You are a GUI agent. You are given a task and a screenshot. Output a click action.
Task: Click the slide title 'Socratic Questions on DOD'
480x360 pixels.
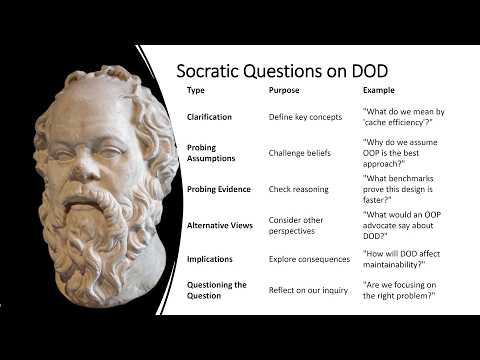[x=282, y=71]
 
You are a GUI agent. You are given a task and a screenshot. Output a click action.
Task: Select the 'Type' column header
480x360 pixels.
[x=196, y=91]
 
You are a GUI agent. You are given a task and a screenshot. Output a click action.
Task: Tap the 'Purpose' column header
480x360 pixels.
[x=284, y=91]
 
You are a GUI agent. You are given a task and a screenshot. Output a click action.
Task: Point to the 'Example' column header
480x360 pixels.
[x=379, y=91]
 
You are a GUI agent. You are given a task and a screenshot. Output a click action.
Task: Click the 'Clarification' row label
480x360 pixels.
[x=209, y=117]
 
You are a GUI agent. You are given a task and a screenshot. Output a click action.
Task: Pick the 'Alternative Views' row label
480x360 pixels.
[x=220, y=225]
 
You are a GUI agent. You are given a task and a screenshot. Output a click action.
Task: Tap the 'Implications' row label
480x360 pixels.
[x=209, y=259]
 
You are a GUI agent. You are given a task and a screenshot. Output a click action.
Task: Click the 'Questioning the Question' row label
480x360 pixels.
[x=217, y=290]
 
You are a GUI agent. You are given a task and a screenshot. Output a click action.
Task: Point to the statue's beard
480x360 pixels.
[x=95, y=250]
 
